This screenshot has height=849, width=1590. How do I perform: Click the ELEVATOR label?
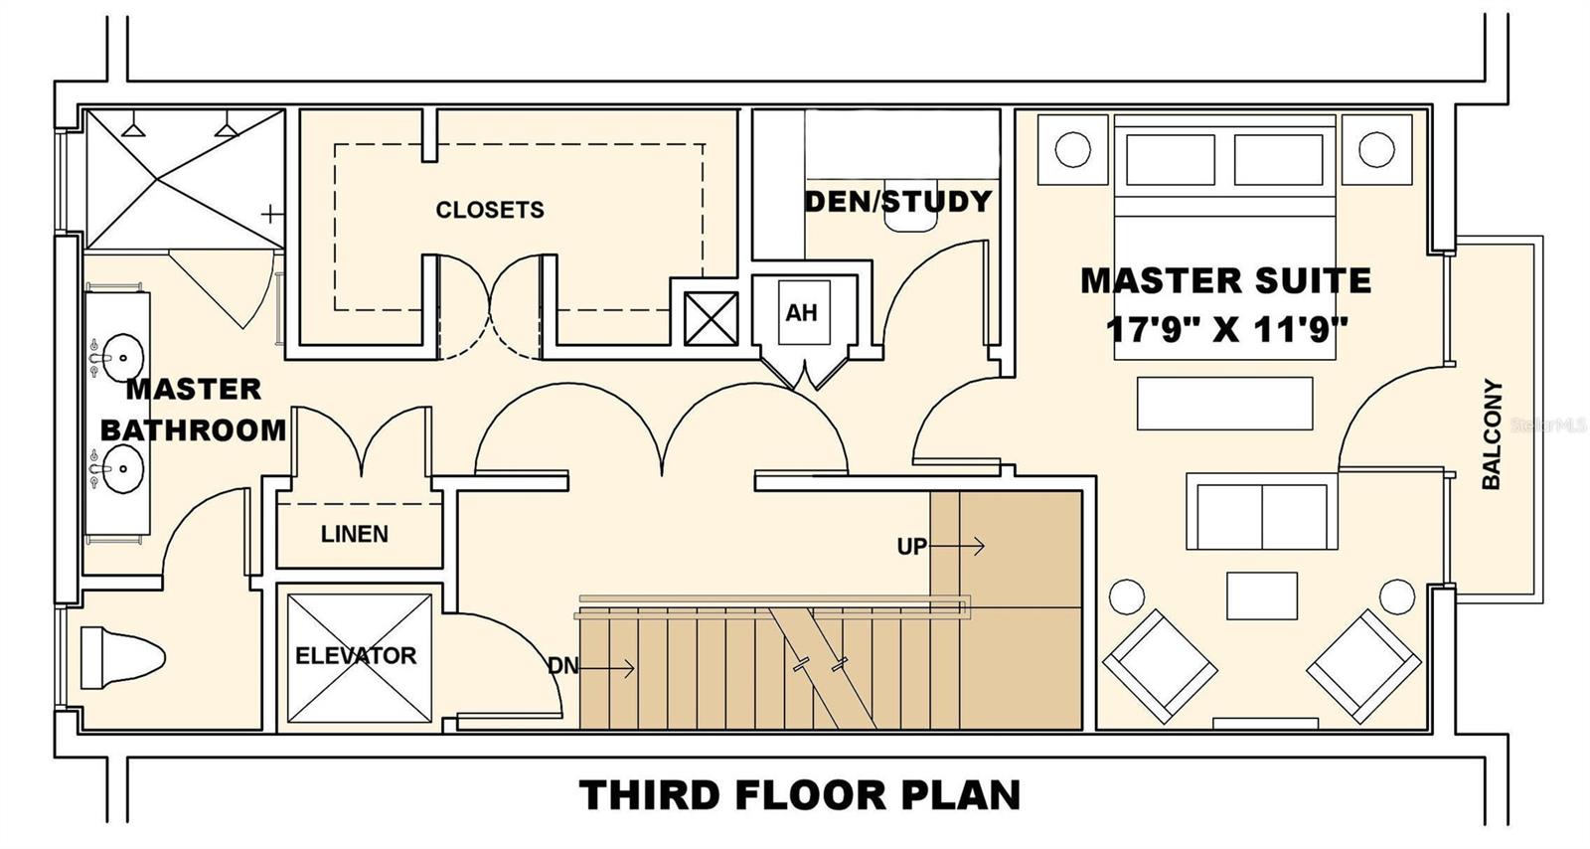[x=356, y=655]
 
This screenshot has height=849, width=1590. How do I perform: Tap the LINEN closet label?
[x=354, y=534]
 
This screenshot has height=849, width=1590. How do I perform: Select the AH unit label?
[x=801, y=312]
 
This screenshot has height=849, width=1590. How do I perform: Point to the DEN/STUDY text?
[x=898, y=202]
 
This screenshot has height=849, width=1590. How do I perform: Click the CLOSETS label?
[x=490, y=210]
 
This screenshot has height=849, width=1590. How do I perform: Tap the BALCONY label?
[x=1492, y=434]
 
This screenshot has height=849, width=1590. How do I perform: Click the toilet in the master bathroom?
[x=122, y=657]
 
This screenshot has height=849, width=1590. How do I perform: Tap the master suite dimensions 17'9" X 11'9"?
[x=1226, y=329]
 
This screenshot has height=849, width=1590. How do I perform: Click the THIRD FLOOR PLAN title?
[x=799, y=795]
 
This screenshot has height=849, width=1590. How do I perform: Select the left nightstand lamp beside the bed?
[x=1072, y=150]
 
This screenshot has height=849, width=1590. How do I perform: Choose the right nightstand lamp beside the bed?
[x=1376, y=150]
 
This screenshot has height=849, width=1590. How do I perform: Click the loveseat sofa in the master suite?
[x=1262, y=511]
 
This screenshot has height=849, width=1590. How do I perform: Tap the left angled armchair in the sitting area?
[x=1160, y=666]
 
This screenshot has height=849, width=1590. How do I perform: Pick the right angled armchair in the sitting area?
[x=1364, y=666]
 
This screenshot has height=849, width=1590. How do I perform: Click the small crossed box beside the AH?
[x=711, y=319]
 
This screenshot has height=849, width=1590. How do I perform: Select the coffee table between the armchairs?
[x=1262, y=595]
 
